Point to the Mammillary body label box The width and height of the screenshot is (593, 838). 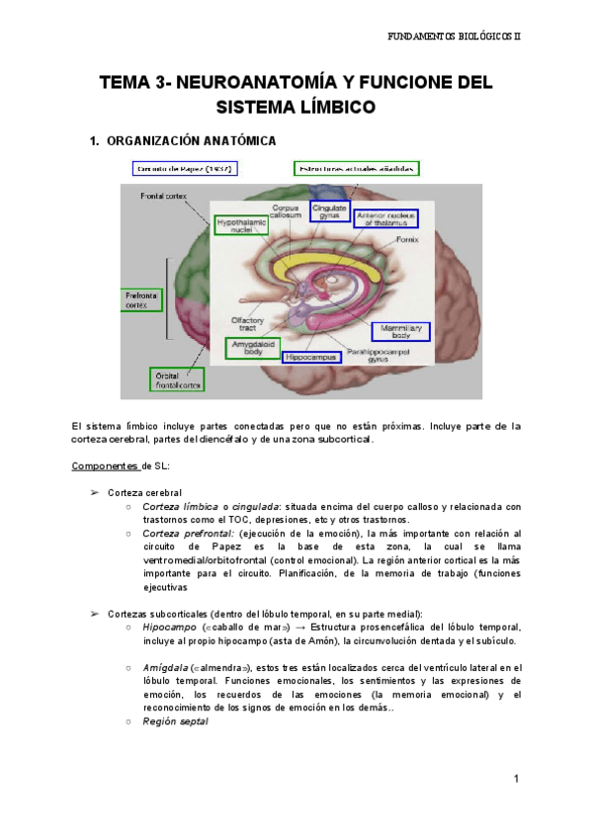point(402,331)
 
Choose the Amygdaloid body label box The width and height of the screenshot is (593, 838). point(253,347)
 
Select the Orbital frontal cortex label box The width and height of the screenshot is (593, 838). point(178,380)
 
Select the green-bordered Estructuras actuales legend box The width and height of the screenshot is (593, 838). point(356,169)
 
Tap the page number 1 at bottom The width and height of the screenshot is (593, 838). point(516,780)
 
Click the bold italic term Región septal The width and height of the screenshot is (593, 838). point(176,721)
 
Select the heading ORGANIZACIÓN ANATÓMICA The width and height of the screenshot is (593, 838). point(191,140)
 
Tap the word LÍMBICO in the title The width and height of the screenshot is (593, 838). point(338,103)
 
